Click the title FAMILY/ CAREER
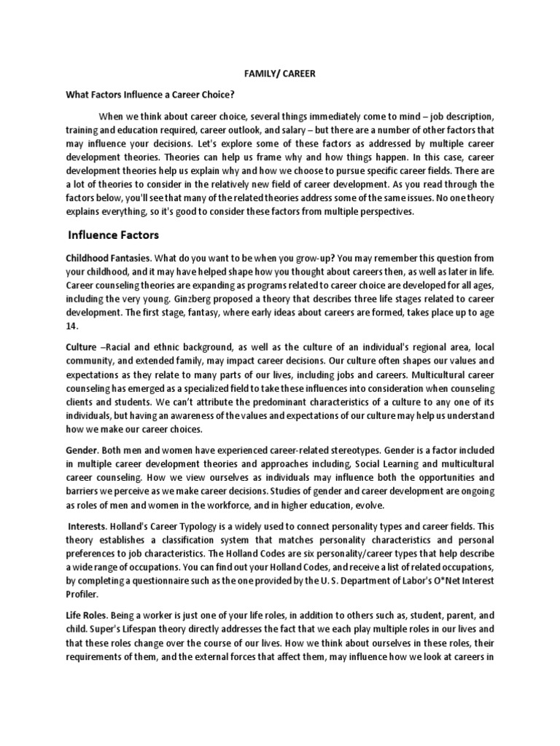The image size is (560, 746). point(281,74)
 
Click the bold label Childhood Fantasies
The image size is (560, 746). point(108,259)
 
